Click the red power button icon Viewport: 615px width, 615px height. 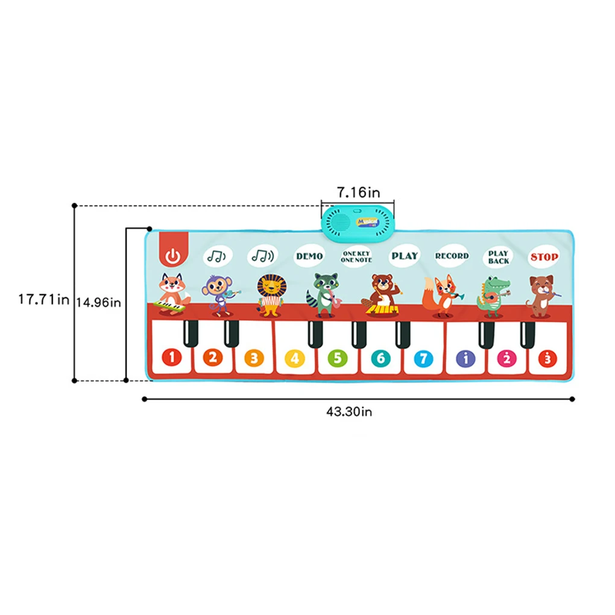coord(173,256)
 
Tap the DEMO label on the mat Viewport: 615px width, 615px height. coord(309,256)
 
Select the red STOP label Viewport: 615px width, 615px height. coord(544,257)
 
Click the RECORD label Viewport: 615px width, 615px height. coord(452,256)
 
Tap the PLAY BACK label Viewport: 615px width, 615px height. coord(499,257)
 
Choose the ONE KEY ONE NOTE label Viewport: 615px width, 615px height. coord(356,257)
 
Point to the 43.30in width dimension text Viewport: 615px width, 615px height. coord(349,412)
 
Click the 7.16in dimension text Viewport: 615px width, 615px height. coord(358,193)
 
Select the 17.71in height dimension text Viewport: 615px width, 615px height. coord(43,299)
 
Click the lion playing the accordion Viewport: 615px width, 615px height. coord(270,295)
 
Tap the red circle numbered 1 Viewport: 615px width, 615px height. coord(171,358)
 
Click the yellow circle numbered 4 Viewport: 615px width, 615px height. coord(294,358)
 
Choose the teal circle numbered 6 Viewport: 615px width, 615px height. coord(380,358)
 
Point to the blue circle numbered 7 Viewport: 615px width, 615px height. coord(423,358)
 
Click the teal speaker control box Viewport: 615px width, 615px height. coord(358,221)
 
